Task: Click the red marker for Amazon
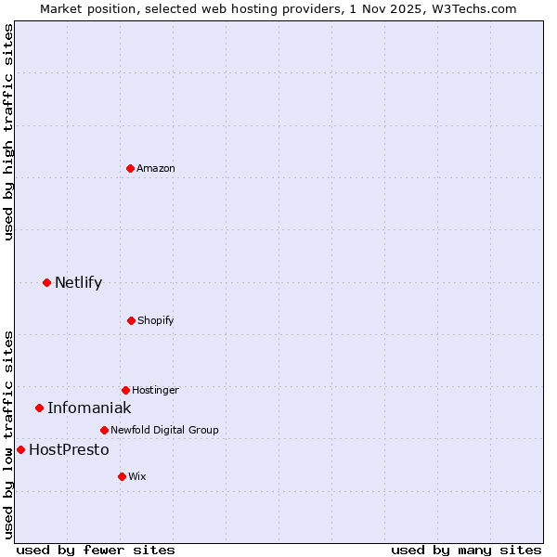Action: coord(130,168)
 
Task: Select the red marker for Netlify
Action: coord(46,282)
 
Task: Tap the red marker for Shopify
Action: coord(131,320)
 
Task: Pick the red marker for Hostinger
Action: coord(125,390)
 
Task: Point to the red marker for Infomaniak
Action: coord(39,408)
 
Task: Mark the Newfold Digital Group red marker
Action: coord(104,430)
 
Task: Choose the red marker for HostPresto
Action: coord(20,449)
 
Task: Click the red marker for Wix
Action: coord(122,476)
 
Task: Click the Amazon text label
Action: coord(156,168)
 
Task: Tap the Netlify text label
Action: coord(78,282)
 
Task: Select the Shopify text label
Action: coord(156,320)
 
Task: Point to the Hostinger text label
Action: coord(155,390)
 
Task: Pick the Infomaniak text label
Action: coord(89,408)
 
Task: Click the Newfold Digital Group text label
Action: coord(164,430)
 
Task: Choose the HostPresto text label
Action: coord(69,449)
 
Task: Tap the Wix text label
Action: coord(137,476)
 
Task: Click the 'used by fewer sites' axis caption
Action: coord(96,550)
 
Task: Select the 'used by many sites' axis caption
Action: coord(466,550)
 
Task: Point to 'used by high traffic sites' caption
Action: coord(8,132)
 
